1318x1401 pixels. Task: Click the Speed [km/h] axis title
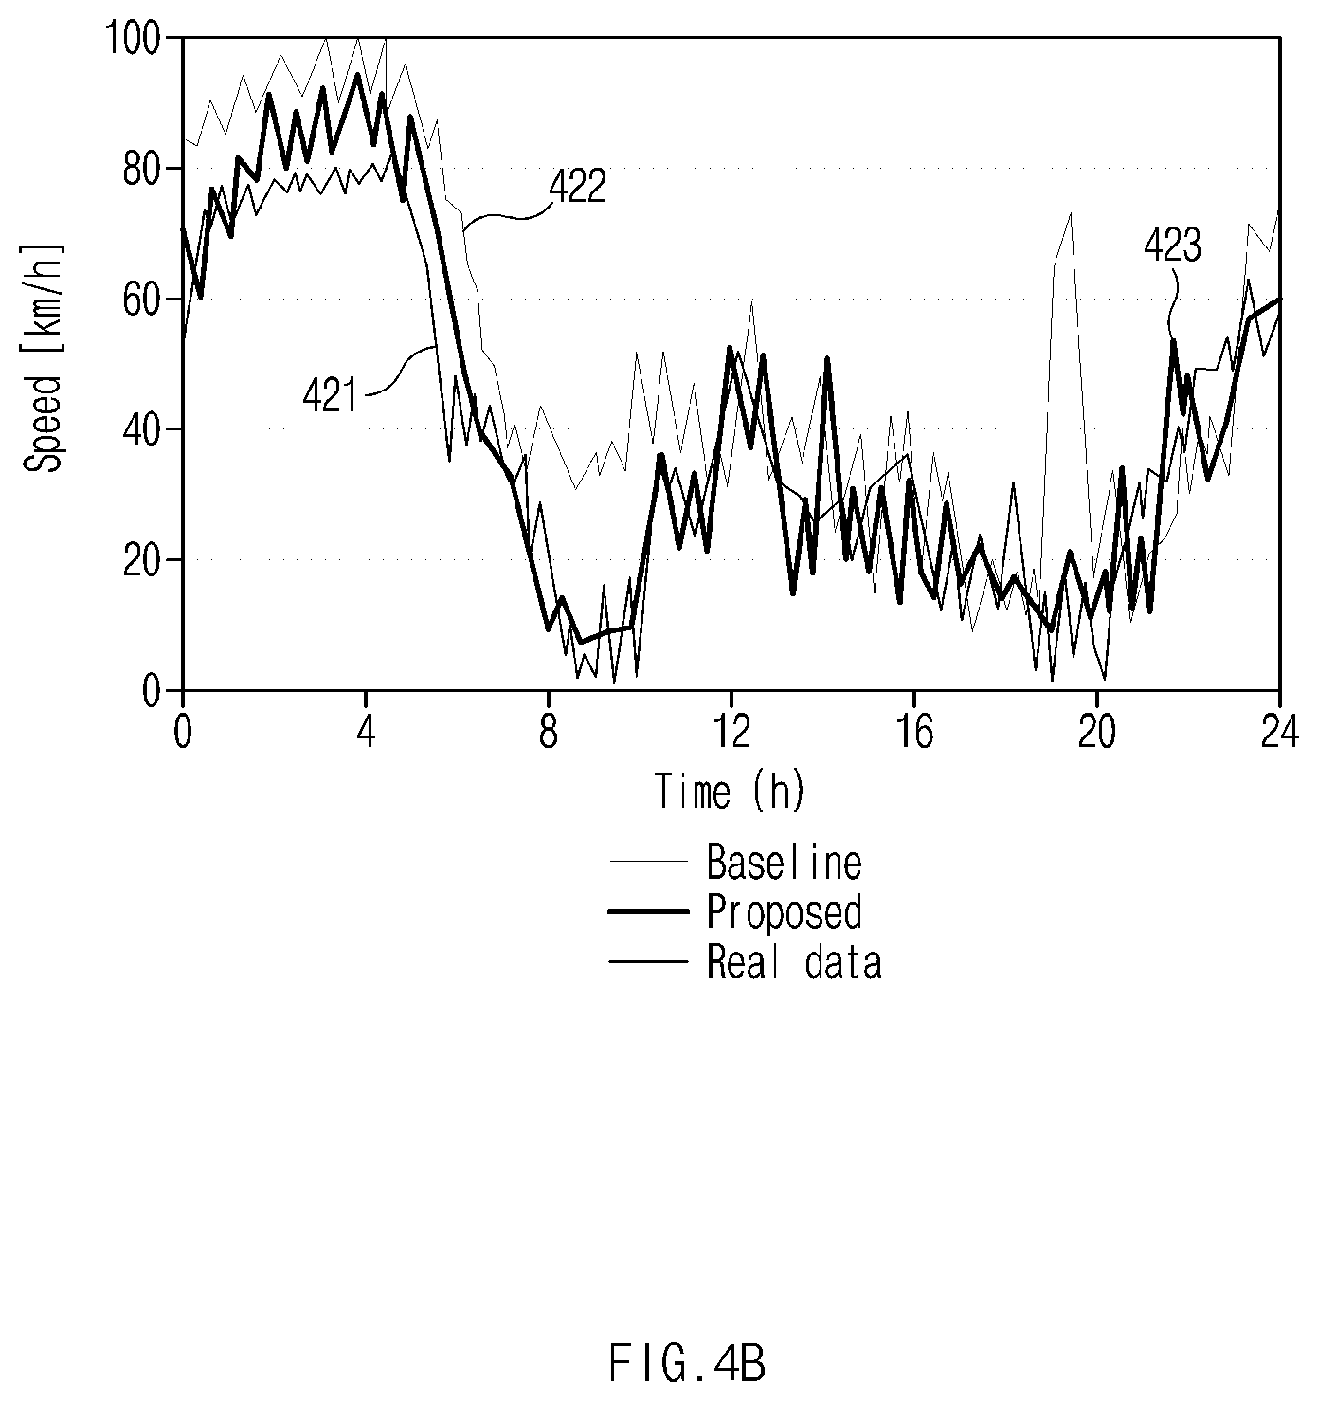click(44, 358)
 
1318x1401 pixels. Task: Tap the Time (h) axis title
click(730, 791)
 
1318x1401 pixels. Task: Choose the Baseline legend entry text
click(785, 862)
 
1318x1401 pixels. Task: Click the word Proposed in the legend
click(785, 912)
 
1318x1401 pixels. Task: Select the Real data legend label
click(794, 962)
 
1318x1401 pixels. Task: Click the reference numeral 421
click(330, 396)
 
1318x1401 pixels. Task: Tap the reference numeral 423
click(1172, 247)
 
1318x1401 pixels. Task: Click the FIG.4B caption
click(687, 1364)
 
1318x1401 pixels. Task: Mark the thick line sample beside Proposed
click(648, 912)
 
